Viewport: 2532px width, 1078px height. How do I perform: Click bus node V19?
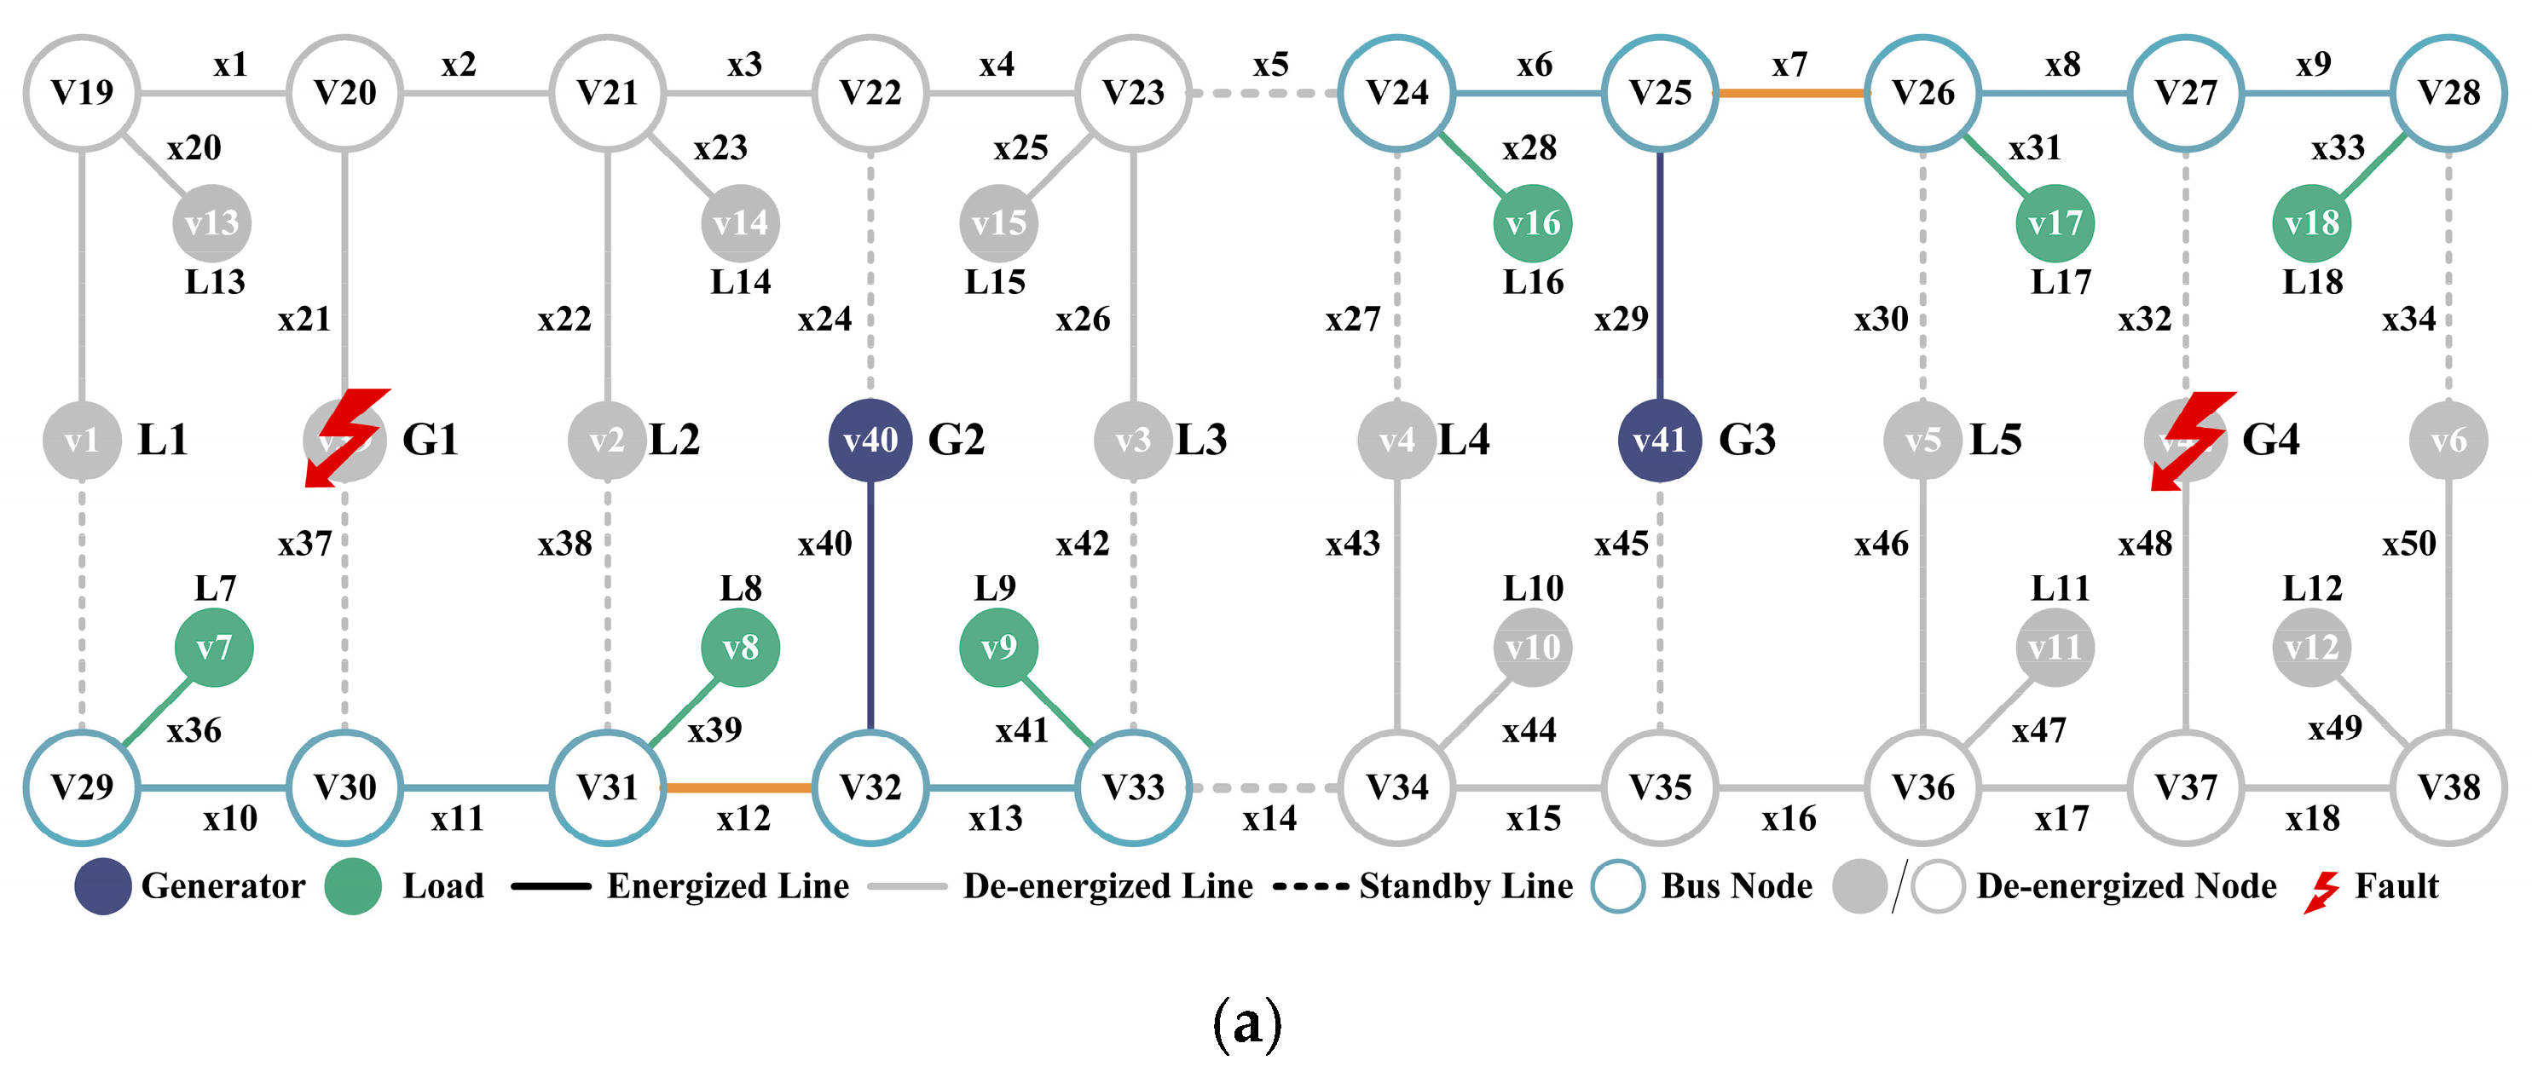[x=82, y=94]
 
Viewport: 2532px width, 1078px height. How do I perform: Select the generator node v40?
[x=870, y=441]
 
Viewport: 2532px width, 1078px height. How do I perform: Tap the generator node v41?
[x=1659, y=441]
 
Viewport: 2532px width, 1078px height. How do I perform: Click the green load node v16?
[x=1532, y=223]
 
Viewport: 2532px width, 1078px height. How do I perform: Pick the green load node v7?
[x=213, y=648]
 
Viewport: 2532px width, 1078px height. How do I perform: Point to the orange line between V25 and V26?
[x=1790, y=94]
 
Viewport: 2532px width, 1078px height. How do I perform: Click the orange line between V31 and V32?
[x=739, y=787]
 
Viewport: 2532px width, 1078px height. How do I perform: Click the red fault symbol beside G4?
[x=2192, y=438]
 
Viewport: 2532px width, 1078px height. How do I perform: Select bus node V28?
[x=2448, y=94]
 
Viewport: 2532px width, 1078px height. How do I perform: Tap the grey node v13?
[x=211, y=223]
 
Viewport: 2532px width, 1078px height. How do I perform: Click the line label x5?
[x=1270, y=65]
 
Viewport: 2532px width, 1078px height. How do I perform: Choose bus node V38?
[x=2448, y=787]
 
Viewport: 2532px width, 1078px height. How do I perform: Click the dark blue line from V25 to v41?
[x=1659, y=275]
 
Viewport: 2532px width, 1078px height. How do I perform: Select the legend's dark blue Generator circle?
[x=103, y=885]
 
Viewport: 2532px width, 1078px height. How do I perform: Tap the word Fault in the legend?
[x=2396, y=886]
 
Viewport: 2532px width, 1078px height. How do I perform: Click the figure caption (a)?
[x=1247, y=1023]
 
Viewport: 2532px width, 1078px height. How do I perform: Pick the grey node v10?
[x=1532, y=648]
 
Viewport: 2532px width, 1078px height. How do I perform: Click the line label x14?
[x=1269, y=819]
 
